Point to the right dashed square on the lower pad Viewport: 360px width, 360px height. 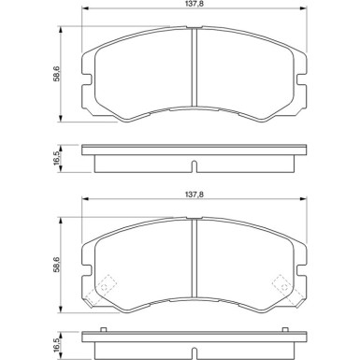click(280, 282)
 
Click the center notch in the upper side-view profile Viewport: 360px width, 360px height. click(192, 168)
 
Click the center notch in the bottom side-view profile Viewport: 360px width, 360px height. click(192, 355)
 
